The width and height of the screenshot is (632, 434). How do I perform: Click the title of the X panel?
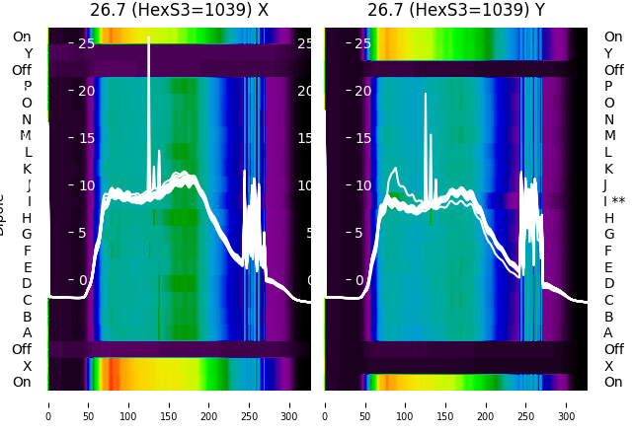click(179, 11)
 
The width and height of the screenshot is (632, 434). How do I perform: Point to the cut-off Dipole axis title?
click(3, 213)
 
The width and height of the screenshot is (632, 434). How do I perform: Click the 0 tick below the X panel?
click(48, 404)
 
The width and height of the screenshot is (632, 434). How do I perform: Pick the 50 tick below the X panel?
click(88, 404)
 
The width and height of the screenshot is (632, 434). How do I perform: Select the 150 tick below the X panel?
click(169, 404)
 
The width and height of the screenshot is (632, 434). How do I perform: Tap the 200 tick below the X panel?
click(209, 404)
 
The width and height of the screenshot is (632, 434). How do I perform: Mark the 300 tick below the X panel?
click(290, 404)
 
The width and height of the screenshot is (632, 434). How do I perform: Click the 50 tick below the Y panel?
click(365, 404)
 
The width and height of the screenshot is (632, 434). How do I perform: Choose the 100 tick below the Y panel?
click(406, 404)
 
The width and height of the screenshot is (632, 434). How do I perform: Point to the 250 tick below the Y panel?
click(526, 404)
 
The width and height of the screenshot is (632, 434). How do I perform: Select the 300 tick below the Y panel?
click(567, 404)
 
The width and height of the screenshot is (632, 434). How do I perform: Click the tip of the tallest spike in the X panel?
click(149, 37)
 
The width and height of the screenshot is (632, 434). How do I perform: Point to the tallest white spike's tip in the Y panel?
click(426, 94)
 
